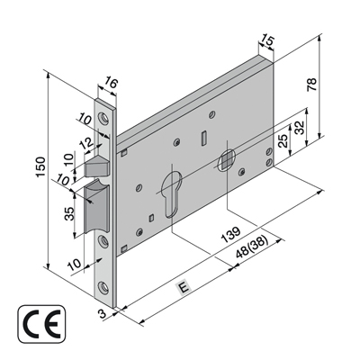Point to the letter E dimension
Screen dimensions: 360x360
183,288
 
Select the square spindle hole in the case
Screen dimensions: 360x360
227,161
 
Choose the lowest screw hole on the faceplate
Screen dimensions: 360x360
108,287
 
